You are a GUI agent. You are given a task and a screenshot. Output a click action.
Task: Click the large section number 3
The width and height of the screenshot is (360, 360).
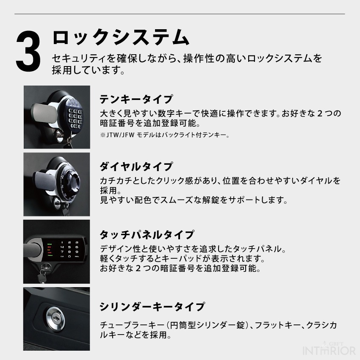click(28, 51)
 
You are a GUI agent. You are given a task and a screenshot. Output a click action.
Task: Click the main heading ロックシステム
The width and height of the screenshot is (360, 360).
click(121, 37)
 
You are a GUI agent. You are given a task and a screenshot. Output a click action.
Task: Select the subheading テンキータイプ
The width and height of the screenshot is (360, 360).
click(136, 99)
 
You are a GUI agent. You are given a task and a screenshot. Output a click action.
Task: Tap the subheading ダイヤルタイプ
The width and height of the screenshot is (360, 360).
click(136, 166)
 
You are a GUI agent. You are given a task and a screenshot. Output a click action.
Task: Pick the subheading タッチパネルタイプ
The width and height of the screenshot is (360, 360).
click(147, 235)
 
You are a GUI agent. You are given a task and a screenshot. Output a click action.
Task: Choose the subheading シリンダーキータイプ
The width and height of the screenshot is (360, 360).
click(152, 307)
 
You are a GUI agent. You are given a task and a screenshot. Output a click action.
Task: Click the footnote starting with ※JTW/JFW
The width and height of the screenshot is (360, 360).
click(164, 135)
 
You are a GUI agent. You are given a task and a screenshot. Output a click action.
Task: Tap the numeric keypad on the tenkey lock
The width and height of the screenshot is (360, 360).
click(75, 119)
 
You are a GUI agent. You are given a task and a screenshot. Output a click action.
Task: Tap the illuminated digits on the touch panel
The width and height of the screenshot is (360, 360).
click(69, 249)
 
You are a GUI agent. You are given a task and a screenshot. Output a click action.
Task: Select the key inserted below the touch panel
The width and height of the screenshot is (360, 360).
click(42, 276)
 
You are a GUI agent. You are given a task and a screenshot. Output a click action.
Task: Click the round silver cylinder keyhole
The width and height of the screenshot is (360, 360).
click(55, 318)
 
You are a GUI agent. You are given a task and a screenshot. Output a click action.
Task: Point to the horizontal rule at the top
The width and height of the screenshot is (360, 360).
click(180, 14)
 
